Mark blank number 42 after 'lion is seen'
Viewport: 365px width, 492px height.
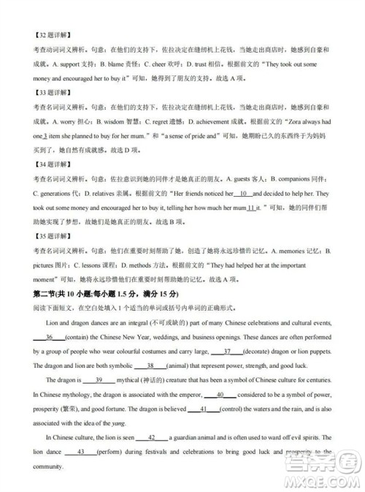(153, 437)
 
